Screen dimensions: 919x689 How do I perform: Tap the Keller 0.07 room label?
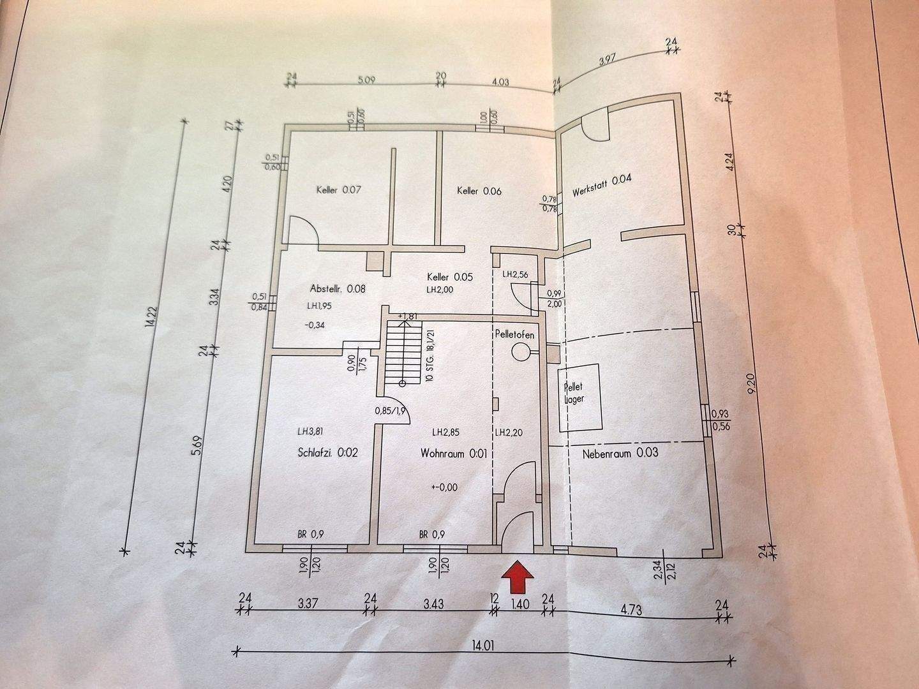click(339, 189)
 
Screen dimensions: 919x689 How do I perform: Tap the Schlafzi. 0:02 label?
click(327, 453)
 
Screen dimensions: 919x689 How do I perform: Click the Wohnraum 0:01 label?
click(454, 454)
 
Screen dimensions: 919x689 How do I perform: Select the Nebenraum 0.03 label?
click(620, 454)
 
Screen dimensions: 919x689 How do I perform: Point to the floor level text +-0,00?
click(444, 487)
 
